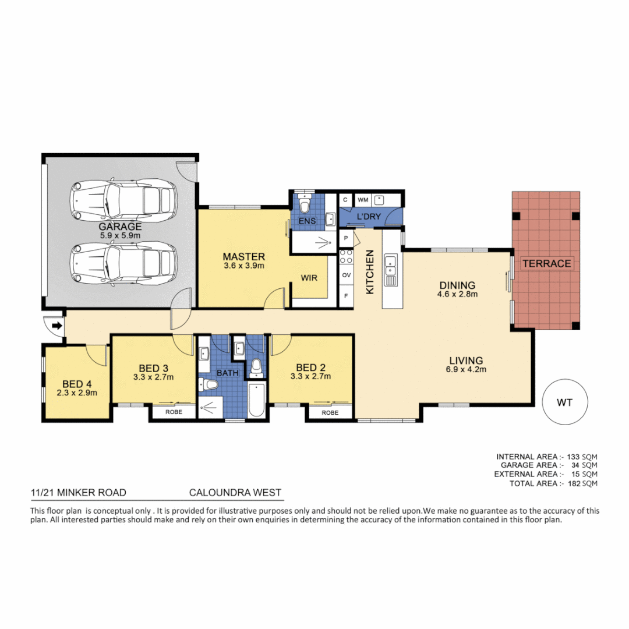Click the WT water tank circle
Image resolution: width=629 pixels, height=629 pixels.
[564, 402]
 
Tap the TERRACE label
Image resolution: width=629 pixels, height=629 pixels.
[546, 263]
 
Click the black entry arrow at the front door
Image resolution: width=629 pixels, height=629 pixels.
[56, 326]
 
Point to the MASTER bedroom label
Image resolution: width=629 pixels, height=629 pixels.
[244, 256]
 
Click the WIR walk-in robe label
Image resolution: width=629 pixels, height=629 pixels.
[309, 278]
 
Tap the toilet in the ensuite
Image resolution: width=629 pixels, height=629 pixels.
[304, 204]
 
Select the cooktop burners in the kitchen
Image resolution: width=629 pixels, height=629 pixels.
[346, 257]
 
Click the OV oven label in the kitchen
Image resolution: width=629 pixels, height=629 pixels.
[346, 275]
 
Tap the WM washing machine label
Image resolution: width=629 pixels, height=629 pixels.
[363, 200]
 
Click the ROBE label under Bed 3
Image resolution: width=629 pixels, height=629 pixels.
[174, 412]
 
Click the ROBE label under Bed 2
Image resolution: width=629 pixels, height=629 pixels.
[330, 412]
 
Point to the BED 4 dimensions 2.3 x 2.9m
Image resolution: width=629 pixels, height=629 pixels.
[76, 393]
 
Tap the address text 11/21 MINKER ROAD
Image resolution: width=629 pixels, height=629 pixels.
[78, 493]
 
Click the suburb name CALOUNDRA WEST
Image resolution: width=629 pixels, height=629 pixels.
[235, 493]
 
